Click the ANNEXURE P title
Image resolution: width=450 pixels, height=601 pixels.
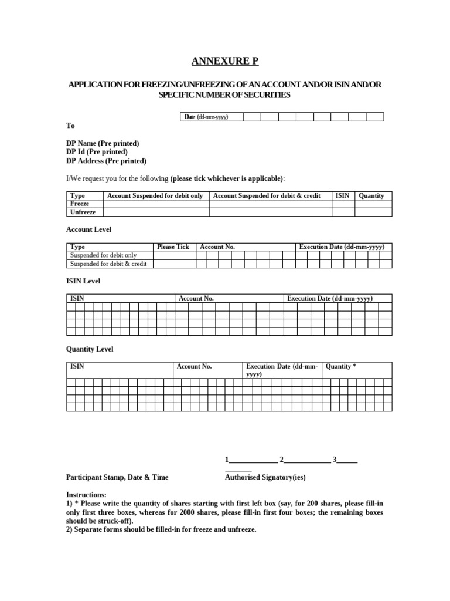tap(225, 62)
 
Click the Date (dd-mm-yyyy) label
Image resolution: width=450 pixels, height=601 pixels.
tap(206, 117)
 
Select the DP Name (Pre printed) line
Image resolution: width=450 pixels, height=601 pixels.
tap(103, 143)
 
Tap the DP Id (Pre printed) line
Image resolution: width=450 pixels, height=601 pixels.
tap(97, 152)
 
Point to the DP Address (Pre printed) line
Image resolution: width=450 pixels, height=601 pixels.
tap(106, 161)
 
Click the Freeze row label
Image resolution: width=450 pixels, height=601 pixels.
tap(80, 204)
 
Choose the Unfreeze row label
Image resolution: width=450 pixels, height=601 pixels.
tap(83, 212)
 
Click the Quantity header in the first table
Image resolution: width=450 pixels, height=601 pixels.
tap(371, 195)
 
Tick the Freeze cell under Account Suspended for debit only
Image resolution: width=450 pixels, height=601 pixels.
tap(156, 204)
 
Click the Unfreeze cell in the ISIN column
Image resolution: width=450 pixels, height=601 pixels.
tap(343, 212)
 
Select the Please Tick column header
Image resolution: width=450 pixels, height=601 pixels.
tap(173, 247)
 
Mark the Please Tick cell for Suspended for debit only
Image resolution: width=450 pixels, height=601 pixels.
tap(173, 255)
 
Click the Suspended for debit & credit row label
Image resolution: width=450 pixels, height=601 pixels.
tap(108, 264)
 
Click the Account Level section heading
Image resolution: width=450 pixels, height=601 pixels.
tap(88, 229)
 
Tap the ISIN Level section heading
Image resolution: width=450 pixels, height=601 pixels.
tap(83, 281)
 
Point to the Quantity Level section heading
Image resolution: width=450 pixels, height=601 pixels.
tap(90, 349)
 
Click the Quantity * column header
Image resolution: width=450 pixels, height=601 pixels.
tap(341, 366)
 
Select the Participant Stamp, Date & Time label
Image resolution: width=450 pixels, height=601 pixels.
tap(117, 477)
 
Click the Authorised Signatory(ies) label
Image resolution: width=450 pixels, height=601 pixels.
tap(265, 477)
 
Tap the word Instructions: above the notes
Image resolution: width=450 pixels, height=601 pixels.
tap(86, 495)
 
